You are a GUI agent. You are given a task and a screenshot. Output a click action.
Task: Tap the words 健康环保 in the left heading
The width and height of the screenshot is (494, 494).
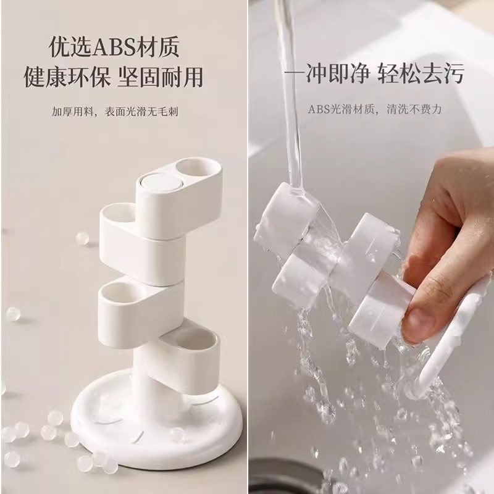pyautogui.click(x=67, y=77)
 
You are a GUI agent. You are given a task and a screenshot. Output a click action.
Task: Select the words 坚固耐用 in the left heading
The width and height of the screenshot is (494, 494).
pyautogui.click(x=161, y=77)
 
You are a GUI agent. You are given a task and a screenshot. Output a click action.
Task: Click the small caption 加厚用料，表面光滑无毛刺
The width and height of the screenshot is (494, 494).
pyautogui.click(x=115, y=112)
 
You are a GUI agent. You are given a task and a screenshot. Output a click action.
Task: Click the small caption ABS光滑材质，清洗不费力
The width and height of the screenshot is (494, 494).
pyautogui.click(x=374, y=109)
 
